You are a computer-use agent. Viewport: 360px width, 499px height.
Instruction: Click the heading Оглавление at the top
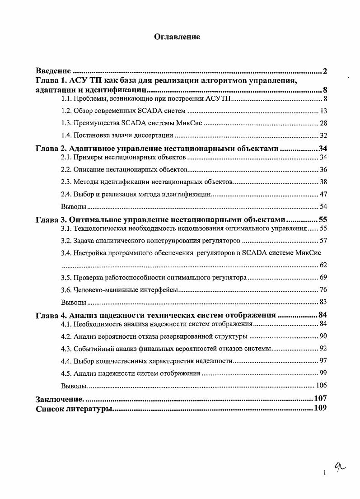(177, 37)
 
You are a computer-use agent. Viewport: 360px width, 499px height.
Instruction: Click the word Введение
(53, 71)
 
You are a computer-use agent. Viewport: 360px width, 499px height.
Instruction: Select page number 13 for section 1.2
(323, 111)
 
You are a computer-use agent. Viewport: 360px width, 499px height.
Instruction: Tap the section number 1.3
(66, 123)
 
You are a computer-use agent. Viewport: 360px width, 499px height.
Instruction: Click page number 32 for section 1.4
(323, 135)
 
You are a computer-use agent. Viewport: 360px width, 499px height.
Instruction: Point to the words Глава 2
(51, 148)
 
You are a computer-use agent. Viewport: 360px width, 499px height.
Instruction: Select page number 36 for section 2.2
(323, 170)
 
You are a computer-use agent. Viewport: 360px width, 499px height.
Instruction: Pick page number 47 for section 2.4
(323, 194)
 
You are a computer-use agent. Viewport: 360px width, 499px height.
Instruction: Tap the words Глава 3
(51, 220)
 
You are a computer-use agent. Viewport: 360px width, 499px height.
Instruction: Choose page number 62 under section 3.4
(323, 265)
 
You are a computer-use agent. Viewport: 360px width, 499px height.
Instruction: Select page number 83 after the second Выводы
(323, 302)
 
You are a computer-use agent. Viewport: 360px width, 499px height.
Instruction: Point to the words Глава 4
(51, 315)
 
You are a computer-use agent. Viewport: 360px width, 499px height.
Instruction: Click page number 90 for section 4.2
(323, 336)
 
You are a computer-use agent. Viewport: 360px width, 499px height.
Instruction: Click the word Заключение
(59, 399)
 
